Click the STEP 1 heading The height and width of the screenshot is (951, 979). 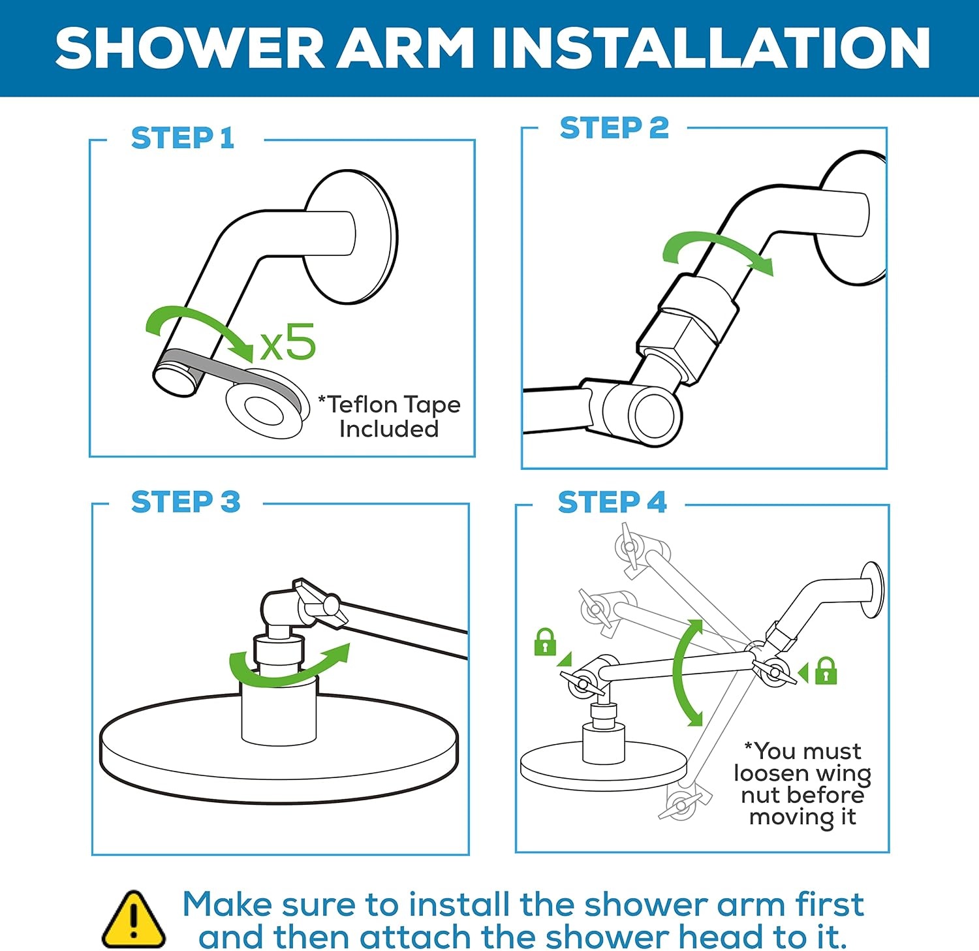(x=183, y=138)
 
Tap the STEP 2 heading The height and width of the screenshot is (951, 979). (x=614, y=127)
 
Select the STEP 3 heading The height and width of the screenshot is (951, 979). (x=185, y=502)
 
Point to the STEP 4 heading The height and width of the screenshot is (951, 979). (x=612, y=503)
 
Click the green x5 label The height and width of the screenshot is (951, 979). (x=288, y=342)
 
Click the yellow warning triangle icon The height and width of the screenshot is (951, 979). (x=134, y=920)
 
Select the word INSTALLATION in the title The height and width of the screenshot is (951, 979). (x=711, y=48)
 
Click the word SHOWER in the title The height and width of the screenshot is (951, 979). (x=189, y=48)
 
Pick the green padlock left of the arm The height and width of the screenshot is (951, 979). (x=544, y=642)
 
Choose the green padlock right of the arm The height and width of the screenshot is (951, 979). (x=826, y=670)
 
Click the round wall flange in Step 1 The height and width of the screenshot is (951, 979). (x=350, y=238)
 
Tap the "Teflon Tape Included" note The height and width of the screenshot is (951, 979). (x=389, y=416)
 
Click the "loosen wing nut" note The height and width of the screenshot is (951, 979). (x=802, y=784)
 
